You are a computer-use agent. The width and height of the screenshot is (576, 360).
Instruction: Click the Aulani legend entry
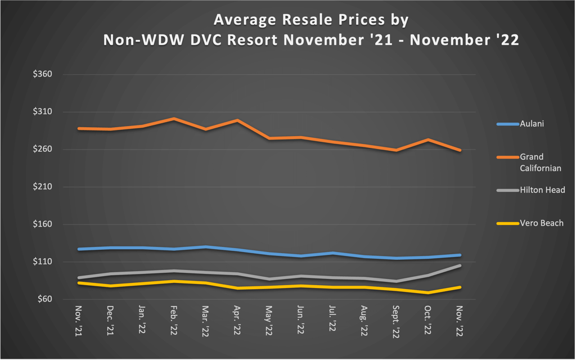coord(531,124)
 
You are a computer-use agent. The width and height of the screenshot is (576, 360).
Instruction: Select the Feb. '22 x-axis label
coord(174,320)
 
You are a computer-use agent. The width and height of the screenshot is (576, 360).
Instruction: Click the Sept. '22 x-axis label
coord(397,322)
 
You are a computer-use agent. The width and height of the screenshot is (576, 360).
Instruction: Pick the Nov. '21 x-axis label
coord(79,320)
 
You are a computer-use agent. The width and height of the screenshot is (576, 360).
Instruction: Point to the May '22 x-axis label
coord(269,320)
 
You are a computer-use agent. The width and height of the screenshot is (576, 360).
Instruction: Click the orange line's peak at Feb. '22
coord(174,119)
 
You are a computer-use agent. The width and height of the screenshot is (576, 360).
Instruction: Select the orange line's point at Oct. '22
coord(429,139)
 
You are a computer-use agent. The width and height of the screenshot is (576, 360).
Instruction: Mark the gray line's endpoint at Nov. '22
coord(460,265)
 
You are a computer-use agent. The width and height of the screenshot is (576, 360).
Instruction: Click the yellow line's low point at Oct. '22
coord(429,292)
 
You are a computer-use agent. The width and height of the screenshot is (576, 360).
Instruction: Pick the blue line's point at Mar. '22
coord(206,247)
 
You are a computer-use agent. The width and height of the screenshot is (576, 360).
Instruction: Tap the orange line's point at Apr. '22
coord(238,120)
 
